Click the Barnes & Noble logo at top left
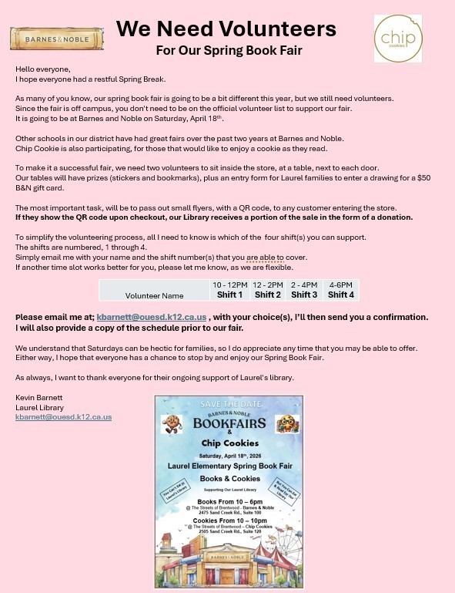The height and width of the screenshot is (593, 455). pos(56,38)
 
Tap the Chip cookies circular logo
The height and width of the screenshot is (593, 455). pos(397,39)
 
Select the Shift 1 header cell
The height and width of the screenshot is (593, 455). pos(229,295)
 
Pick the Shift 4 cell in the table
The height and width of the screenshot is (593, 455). pos(340,295)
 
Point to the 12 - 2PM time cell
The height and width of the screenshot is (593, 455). pos(267,285)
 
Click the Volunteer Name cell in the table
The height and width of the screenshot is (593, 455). pos(154,295)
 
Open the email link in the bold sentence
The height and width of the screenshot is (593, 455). pos(152,317)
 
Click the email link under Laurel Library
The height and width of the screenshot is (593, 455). pos(63,417)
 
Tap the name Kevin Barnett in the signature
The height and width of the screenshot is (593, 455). pos(38,398)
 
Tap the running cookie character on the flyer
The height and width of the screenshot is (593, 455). pos(170,424)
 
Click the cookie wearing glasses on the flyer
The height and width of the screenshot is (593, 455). pos(286,423)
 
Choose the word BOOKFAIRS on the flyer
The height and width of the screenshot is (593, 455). pos(229,424)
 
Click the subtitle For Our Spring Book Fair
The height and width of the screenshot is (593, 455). pos(229,51)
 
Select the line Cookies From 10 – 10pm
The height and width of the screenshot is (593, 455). pos(229,521)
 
